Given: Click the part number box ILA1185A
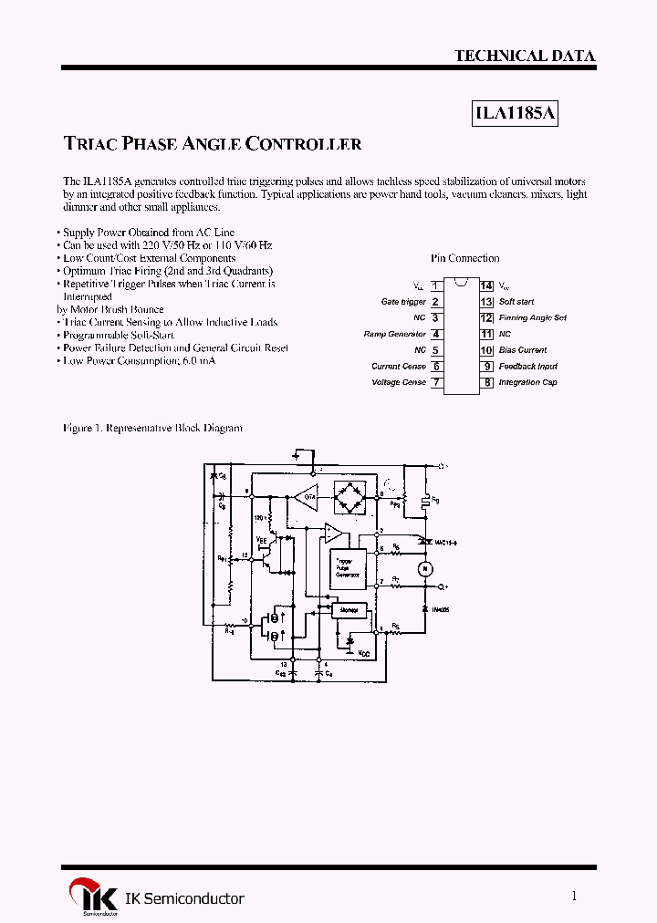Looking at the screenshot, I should click(x=516, y=114).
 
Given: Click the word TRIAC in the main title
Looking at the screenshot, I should click(x=90, y=144).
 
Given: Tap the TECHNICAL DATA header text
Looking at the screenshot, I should click(x=525, y=56).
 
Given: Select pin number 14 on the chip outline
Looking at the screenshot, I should click(x=486, y=285).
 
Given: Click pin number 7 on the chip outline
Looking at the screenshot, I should click(x=436, y=382).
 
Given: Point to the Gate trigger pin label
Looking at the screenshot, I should click(x=403, y=302).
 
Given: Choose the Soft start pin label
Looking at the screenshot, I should click(x=516, y=302).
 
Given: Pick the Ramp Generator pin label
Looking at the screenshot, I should click(x=395, y=334).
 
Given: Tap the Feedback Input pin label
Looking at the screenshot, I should click(x=527, y=366).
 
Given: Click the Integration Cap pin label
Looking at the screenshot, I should click(x=527, y=382).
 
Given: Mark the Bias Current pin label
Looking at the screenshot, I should click(x=523, y=350).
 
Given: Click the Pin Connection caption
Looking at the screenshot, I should click(x=464, y=258).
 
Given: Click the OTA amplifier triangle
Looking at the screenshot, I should click(x=304, y=497).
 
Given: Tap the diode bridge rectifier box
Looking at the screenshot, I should click(x=348, y=497).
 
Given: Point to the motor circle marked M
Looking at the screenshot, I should click(x=423, y=569).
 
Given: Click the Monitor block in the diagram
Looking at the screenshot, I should click(x=348, y=609).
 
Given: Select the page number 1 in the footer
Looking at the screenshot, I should click(x=574, y=897).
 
